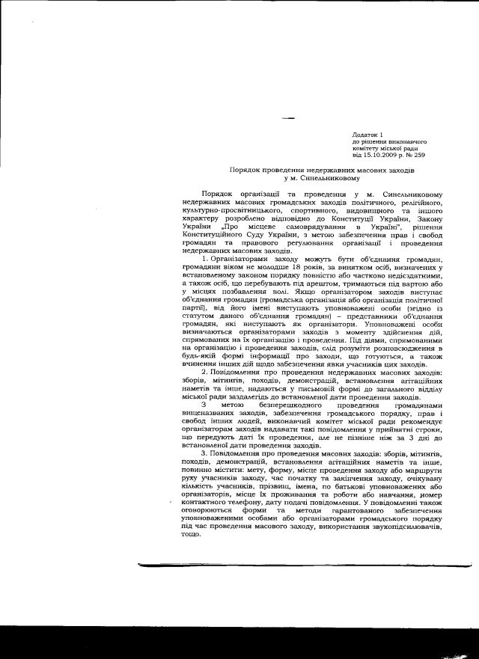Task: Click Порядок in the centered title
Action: click(x=245, y=171)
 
